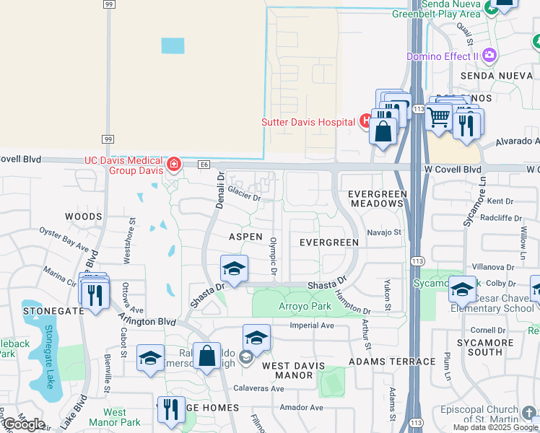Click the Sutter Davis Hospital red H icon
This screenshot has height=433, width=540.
point(365,121)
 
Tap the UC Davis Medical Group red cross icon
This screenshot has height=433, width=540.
point(173,165)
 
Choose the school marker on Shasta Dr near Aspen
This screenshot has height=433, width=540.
point(234,270)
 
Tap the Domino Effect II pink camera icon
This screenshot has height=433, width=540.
point(490,56)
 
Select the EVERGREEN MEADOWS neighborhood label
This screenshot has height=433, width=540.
point(375,199)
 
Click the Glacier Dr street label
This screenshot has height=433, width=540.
point(244,193)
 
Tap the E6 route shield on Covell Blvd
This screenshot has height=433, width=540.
point(205,165)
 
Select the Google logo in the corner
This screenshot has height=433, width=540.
point(24,424)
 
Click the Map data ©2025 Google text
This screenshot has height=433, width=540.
point(495,427)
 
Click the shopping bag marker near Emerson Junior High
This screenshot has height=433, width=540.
point(206,355)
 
